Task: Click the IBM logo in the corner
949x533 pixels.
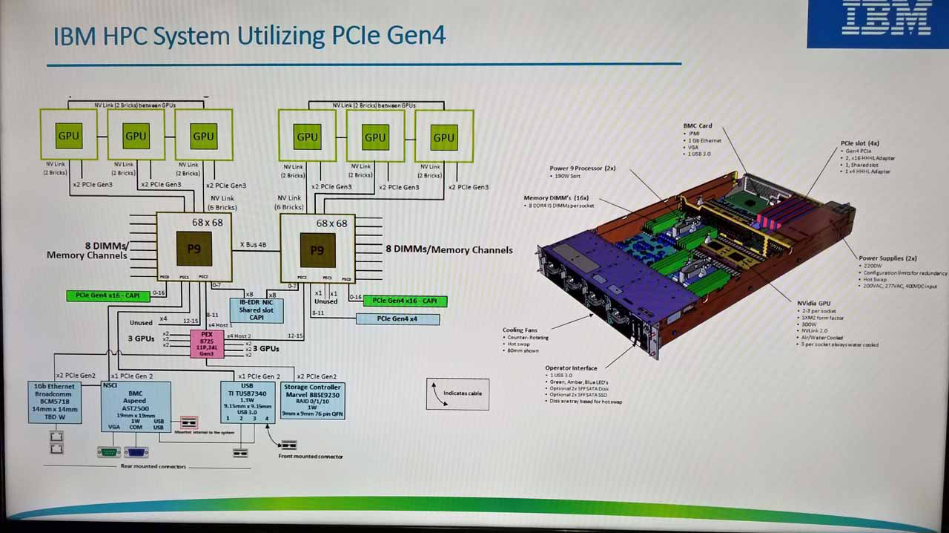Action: [x=887, y=20]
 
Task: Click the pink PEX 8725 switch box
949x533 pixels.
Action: [x=207, y=344]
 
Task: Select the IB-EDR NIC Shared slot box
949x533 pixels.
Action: [x=256, y=310]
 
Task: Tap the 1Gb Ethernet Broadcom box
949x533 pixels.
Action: [x=54, y=402]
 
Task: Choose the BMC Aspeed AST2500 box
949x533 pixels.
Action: [x=136, y=406]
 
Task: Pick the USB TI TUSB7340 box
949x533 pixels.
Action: [x=248, y=402]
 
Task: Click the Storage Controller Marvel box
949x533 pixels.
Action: [x=312, y=401]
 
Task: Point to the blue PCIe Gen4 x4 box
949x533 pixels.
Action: [x=397, y=319]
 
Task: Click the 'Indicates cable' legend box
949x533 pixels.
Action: [x=457, y=393]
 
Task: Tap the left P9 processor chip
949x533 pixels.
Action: [x=194, y=249]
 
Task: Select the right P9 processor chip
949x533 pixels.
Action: [x=317, y=250]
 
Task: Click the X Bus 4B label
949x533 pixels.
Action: [x=254, y=244]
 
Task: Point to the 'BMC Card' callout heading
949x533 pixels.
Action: [x=698, y=126]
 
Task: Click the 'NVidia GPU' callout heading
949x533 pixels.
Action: [x=815, y=303]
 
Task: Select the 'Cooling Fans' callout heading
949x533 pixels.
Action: [x=520, y=330]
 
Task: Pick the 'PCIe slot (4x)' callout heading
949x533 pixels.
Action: [x=860, y=143]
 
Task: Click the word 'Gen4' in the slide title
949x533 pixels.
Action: [x=414, y=36]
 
